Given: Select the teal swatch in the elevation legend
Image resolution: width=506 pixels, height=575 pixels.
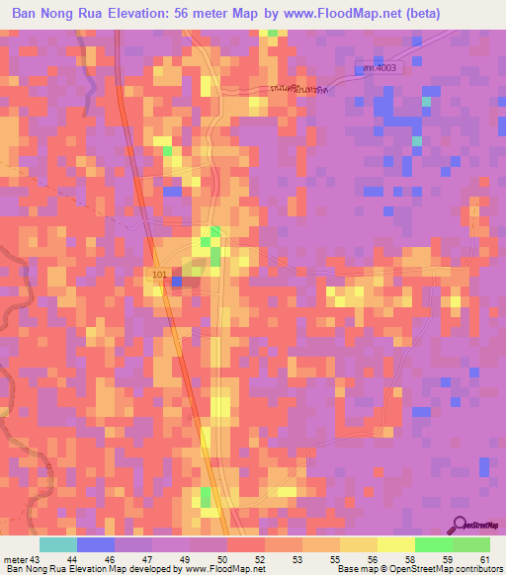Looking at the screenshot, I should pos(57,544).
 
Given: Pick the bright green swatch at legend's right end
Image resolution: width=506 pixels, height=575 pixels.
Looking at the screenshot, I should pos(471,544).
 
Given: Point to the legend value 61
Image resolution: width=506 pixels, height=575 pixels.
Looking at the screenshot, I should pos(485,559).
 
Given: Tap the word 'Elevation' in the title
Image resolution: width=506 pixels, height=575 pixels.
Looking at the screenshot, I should pos(132,14).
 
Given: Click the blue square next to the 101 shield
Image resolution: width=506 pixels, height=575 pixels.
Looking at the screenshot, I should pos(177,282).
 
